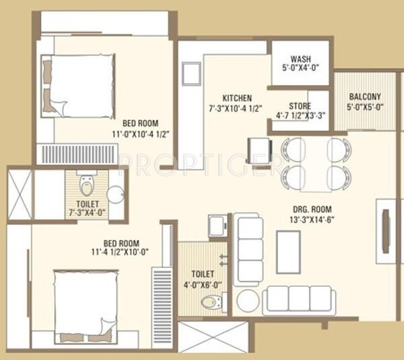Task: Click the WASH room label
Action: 300,58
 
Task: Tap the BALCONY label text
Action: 364,96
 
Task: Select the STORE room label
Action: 300,106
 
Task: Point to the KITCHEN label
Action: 237,97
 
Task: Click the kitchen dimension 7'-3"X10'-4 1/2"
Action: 237,108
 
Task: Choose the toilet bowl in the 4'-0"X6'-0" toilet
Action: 211,301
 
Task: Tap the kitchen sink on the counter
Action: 190,73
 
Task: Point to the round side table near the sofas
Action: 248,301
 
